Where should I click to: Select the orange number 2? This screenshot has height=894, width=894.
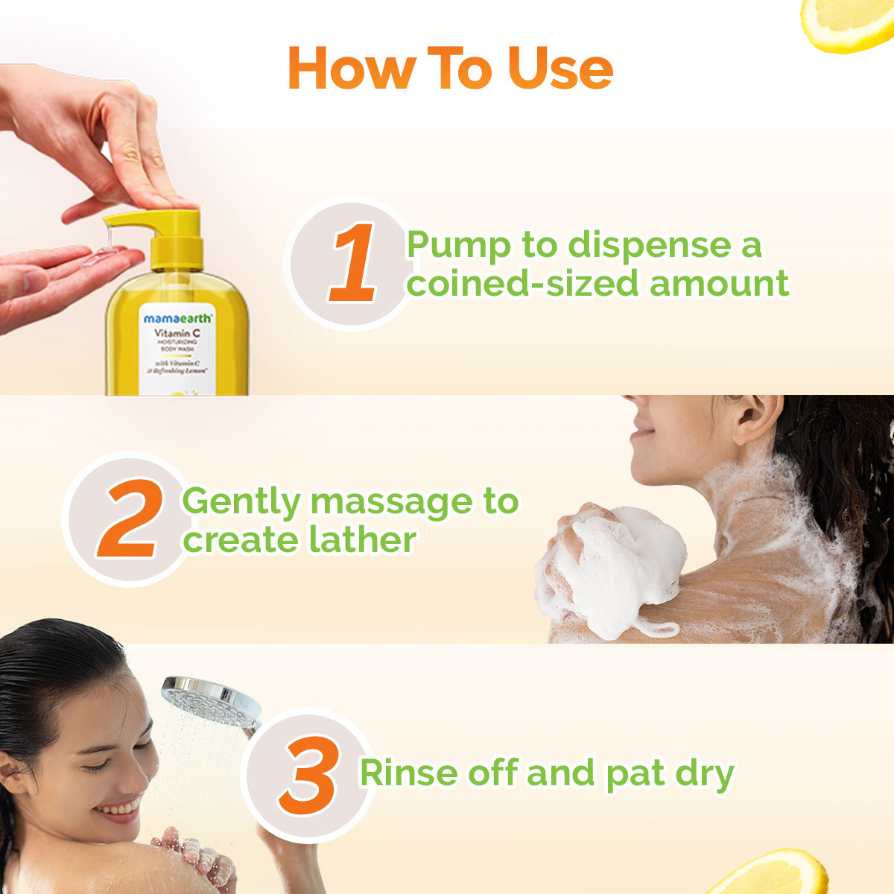tap(131, 519)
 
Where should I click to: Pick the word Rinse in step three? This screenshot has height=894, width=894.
tap(409, 773)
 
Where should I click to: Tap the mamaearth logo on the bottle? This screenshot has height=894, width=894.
tap(177, 318)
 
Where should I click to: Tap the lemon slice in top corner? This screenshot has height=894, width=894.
tap(849, 22)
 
